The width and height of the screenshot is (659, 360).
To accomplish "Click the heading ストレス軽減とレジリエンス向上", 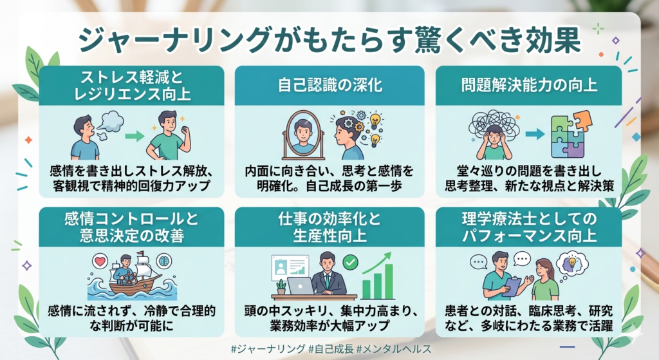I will click(131, 86).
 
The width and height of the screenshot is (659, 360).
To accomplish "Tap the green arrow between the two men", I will click(134, 137).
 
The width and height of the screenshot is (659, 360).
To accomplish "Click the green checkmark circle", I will click(350, 262).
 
